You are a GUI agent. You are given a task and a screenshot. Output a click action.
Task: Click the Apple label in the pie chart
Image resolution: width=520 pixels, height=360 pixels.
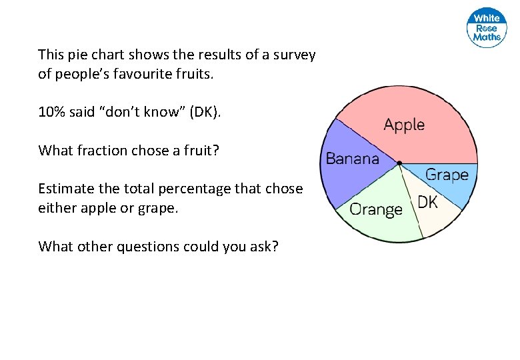(x=404, y=125)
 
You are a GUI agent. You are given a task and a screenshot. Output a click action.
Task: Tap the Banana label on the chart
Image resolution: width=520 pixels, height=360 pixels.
(x=352, y=159)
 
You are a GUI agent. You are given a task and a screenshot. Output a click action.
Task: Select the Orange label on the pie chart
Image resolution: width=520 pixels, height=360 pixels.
(x=376, y=209)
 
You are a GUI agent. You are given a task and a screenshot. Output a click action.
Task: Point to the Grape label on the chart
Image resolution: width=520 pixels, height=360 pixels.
(x=447, y=175)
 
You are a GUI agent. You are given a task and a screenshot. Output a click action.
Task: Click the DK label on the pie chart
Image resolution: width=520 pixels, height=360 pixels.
(x=427, y=202)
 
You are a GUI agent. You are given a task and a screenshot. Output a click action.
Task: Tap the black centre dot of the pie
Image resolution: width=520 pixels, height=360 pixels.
(x=399, y=163)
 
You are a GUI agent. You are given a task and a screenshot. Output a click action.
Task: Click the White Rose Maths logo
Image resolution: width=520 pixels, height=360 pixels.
(x=487, y=28)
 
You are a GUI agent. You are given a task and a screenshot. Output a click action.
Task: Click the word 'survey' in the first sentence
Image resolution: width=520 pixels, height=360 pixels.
(x=292, y=55)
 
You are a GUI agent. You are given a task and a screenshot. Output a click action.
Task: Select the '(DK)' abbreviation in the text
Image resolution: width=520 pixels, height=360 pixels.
(x=204, y=112)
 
